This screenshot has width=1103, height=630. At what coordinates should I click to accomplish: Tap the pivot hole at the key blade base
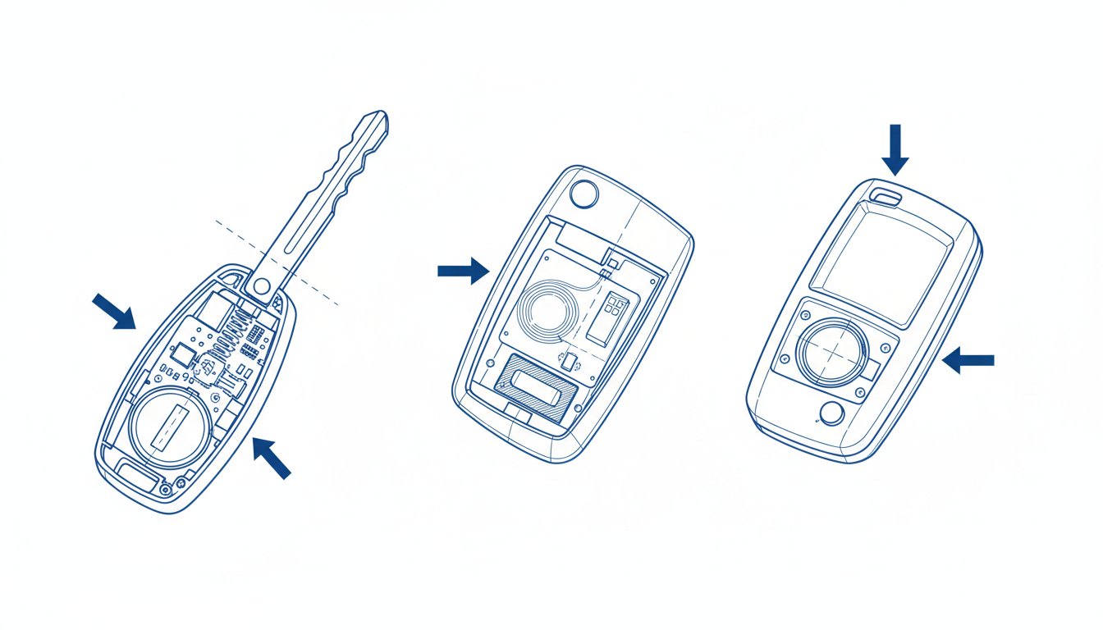point(262,286)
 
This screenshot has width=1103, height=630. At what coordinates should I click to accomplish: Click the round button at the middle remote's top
point(584,194)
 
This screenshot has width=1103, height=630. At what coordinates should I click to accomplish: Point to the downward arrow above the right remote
point(895,149)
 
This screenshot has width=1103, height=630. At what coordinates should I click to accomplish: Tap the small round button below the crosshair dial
point(831,415)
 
